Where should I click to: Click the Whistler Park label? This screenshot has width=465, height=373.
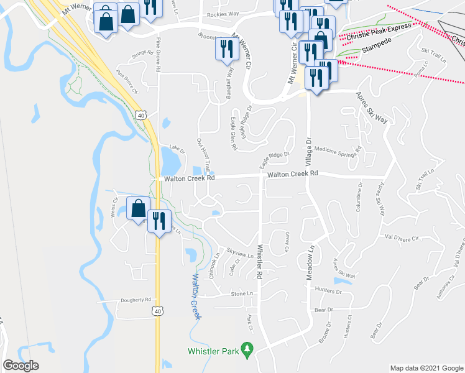214,351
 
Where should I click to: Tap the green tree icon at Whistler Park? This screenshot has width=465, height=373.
248,351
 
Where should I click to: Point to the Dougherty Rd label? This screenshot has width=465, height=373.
136,300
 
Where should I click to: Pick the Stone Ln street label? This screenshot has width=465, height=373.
242,293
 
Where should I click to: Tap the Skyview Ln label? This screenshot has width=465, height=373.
240,254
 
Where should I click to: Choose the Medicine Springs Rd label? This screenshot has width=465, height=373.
338,150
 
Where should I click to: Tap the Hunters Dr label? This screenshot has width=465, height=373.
329,290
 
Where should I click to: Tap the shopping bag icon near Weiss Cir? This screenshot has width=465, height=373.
138,208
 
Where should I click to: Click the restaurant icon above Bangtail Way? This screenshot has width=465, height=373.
226,48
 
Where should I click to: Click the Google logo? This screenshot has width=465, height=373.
21,365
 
